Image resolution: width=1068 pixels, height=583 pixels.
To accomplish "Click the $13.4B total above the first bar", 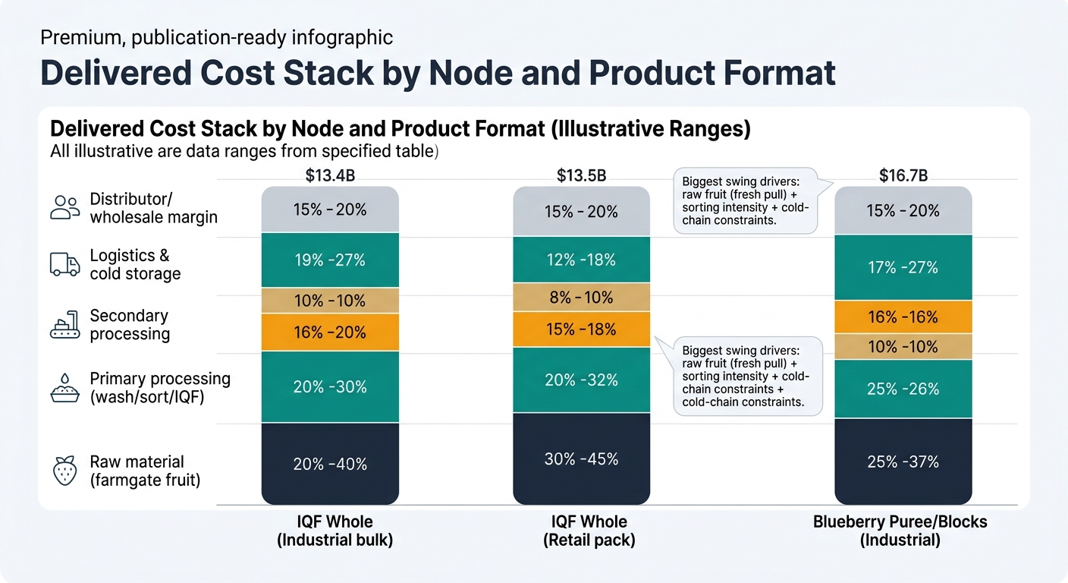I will coord(330,176).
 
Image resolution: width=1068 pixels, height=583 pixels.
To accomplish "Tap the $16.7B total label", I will coord(903,176).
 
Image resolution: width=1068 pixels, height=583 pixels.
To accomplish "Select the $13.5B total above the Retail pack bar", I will coord(581,176).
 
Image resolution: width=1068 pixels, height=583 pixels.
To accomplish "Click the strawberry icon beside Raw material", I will coord(64,471).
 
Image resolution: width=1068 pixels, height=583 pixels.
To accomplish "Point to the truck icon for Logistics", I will coord(64,264).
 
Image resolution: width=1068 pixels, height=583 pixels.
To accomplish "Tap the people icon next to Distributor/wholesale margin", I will coord(64,207).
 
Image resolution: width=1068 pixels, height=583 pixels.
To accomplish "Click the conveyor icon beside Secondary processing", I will coord(64,325).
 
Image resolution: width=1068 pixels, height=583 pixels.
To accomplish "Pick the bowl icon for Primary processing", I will coord(64,387).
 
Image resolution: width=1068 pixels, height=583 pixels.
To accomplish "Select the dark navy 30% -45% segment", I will coord(581,459).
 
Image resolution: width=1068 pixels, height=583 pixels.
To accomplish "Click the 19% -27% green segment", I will coord(330,260).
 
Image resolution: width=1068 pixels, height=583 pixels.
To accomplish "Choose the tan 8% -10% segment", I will coord(581,298).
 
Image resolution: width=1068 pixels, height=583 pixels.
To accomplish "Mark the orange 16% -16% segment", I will coord(903,317).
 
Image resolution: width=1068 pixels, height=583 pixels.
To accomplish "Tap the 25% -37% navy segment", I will coord(903,462).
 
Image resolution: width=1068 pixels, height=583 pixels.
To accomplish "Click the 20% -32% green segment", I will coord(581,380).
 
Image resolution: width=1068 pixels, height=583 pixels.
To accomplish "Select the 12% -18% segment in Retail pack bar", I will coord(581,260).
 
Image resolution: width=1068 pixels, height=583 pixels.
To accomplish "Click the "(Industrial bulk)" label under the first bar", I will coord(335,540).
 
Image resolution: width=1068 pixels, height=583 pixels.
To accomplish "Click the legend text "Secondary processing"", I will coord(129,325).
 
